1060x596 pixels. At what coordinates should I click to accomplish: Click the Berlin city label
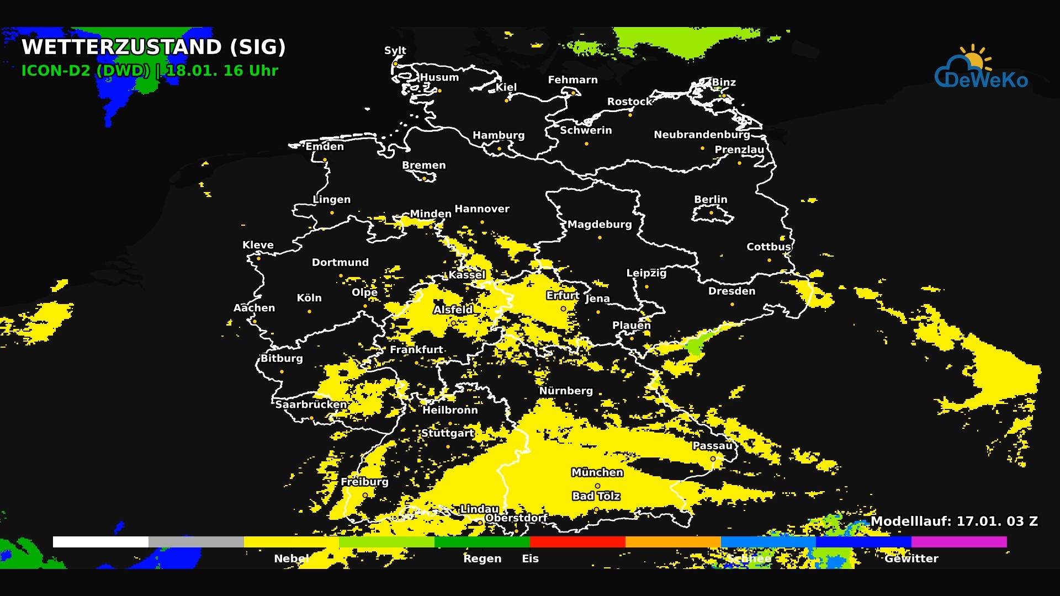711,199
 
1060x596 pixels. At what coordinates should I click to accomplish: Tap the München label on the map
597,472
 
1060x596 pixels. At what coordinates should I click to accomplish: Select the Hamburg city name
499,135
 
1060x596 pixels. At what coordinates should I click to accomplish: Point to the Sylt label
395,50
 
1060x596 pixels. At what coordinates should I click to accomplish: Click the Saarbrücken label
311,405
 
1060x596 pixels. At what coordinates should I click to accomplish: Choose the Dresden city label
732,291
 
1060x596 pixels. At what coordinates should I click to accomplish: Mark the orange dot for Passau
713,459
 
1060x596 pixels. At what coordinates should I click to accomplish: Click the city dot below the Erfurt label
563,309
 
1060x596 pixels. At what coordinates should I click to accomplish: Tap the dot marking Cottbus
769,260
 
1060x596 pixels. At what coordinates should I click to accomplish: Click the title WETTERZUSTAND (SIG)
153,47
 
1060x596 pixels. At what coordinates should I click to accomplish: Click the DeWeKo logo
981,68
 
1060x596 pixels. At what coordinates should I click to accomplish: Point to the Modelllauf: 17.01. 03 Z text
954,521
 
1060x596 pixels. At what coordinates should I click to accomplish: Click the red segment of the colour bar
577,542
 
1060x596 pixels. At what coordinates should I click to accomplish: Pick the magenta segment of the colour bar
959,542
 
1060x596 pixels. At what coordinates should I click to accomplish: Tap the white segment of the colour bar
100,542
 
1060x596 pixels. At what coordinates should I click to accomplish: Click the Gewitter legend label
911,558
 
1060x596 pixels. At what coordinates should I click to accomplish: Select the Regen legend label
482,558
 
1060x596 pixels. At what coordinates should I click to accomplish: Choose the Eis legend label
530,558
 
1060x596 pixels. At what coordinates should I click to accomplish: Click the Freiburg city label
364,482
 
